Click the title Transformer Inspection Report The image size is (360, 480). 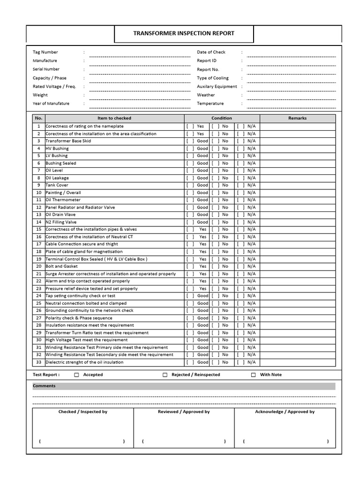pos(184,34)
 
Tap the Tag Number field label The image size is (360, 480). pos(45,52)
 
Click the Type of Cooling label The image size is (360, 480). pos(213,78)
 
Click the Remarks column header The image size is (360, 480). pos(297,118)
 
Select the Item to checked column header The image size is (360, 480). pos(114,118)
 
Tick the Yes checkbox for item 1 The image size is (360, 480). pos(190,127)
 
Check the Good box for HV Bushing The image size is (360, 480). pos(190,149)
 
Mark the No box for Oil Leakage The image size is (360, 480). pos(216,178)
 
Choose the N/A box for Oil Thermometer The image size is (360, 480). pos(241,200)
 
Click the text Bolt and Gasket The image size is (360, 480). pos(61,266)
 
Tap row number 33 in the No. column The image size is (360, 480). pos(38,362)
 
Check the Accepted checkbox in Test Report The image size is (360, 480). pos(77,375)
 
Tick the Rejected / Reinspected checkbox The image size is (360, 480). pos(165,375)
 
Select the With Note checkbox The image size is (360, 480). pos(254,375)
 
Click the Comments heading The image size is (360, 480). pos(44,386)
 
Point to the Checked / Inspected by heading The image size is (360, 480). pos(83,412)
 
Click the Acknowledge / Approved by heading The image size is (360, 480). pos(285,412)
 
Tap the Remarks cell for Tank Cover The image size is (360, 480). pos(297,185)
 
